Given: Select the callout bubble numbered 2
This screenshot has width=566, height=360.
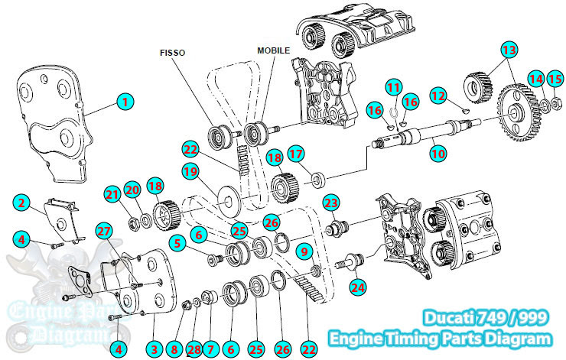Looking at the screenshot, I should pos(22,203).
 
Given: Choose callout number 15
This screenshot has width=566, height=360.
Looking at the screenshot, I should pos(555,79).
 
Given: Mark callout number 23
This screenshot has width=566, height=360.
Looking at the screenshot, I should pos(330,203).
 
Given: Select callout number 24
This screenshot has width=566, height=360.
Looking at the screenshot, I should pos(358,287).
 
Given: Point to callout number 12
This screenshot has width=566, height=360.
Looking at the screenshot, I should pos(438,96).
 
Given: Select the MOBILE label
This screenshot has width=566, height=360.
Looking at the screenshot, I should pos(273,50).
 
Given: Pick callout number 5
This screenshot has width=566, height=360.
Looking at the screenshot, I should pos(176,245).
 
